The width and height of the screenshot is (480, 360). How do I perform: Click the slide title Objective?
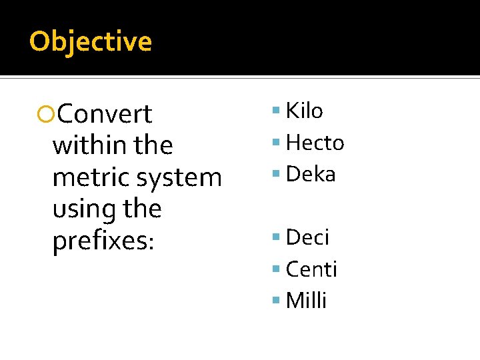click(91, 41)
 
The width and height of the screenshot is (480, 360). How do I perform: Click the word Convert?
click(105, 114)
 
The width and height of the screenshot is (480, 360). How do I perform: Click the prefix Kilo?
click(304, 111)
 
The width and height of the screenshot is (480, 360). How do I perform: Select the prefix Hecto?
click(315, 142)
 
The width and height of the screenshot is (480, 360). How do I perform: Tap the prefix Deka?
click(311, 174)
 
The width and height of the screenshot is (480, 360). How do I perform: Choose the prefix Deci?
click(307, 237)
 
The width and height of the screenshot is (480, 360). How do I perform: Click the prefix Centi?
click(311, 269)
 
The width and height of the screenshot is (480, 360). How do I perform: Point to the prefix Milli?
click(306, 301)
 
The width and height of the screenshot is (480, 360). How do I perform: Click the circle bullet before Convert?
click(45, 115)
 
